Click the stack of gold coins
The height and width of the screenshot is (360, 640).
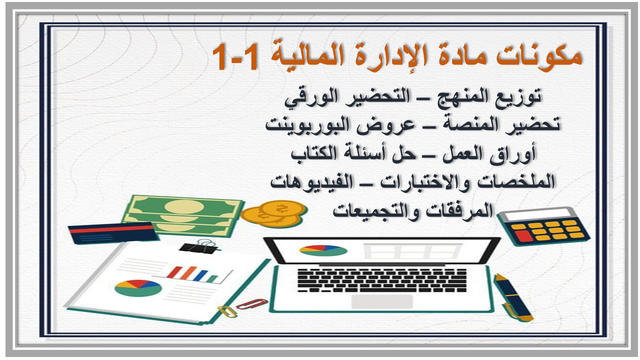coord(272,212)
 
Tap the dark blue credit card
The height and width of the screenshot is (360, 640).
coord(111,232)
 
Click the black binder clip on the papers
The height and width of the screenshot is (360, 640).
coord(199,246)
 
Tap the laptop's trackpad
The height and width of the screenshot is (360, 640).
coord(382,301)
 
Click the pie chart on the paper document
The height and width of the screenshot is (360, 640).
coord(138,287)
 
